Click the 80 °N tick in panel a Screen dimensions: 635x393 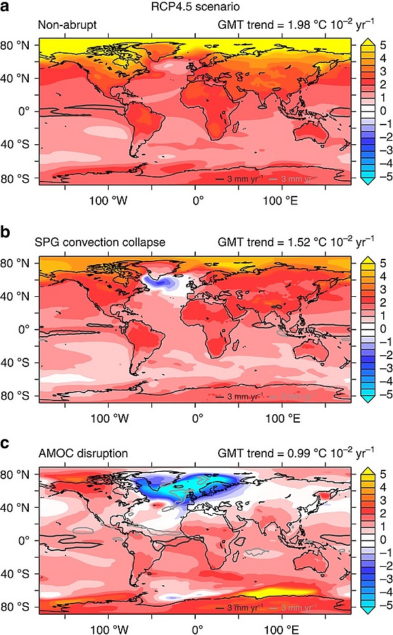coord(21,45)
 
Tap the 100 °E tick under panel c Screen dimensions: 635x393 coord(283,626)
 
